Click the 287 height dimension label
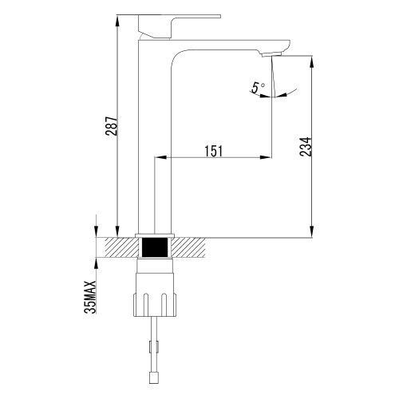[x=113, y=127]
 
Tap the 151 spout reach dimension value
[x=212, y=148]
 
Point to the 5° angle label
[x=257, y=89]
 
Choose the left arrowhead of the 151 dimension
[x=170, y=156]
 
